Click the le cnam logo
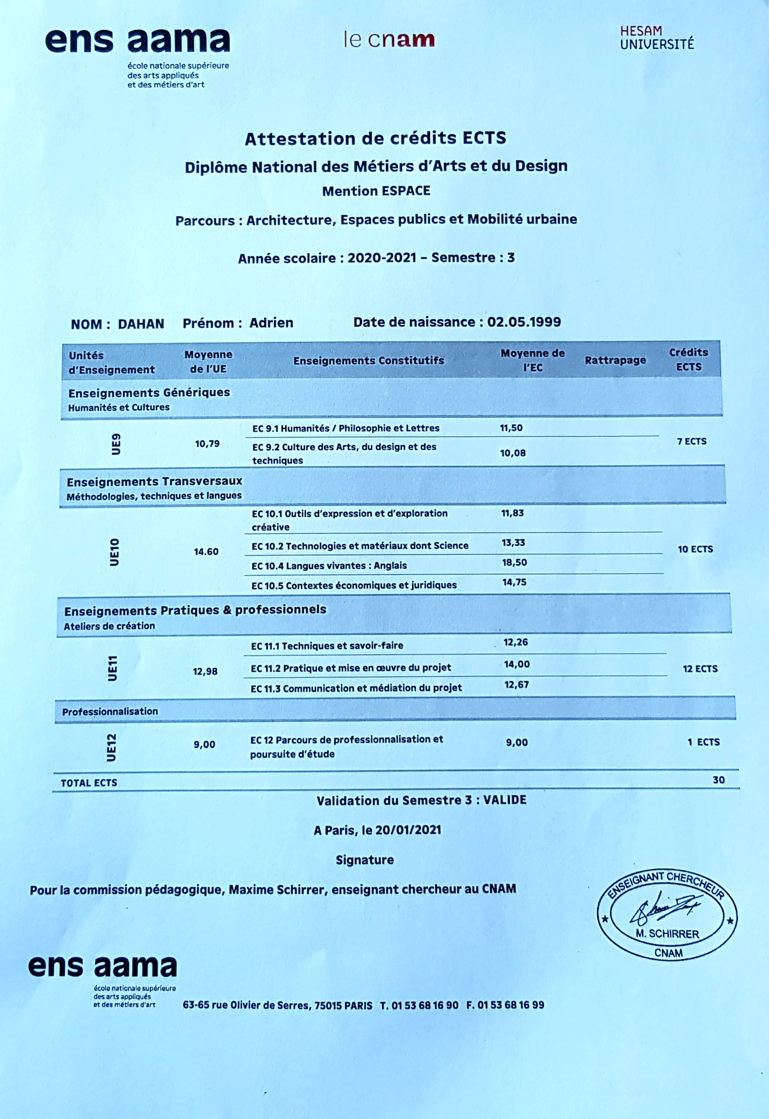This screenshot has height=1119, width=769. tap(389, 40)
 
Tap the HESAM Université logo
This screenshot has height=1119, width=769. tap(657, 38)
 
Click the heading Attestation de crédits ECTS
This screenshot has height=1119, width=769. tap(375, 138)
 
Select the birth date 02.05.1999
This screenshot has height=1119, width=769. tap(524, 322)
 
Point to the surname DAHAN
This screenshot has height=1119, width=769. tap(141, 324)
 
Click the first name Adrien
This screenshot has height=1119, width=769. tap(271, 323)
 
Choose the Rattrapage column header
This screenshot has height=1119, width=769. tap(615, 360)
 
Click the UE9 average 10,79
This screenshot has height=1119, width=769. tap(207, 444)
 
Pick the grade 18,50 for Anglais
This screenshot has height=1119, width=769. tap(514, 563)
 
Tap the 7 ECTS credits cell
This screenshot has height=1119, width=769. tap(692, 442)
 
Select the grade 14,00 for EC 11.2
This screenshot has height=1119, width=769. tap(517, 664)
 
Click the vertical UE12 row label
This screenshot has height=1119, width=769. tap(112, 747)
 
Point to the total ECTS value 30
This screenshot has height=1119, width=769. tap(718, 780)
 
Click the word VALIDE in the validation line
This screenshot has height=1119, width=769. tap(504, 801)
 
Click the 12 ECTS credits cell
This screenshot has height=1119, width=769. tap(700, 669)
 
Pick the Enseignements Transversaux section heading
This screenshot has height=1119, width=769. tap(154, 482)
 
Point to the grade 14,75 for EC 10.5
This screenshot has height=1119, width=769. tap(514, 582)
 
